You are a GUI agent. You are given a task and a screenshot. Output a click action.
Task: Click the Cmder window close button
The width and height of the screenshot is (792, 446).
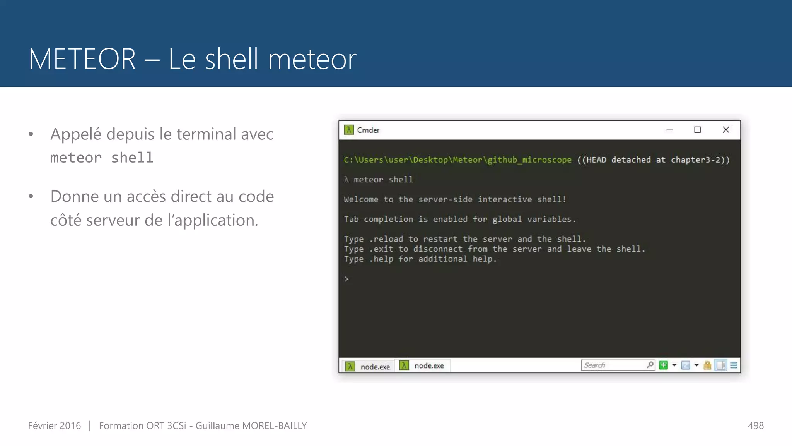click(x=726, y=130)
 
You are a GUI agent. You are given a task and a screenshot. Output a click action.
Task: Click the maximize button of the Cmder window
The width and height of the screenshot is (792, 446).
click(x=697, y=130)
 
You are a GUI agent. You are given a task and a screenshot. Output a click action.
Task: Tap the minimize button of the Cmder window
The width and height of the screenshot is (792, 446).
click(x=669, y=130)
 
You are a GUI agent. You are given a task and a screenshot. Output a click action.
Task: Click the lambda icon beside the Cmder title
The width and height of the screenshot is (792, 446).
click(x=349, y=130)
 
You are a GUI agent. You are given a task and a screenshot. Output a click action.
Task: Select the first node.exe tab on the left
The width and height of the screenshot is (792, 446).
click(x=368, y=366)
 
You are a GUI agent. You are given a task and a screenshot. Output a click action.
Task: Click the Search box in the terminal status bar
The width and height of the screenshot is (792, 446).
click(x=613, y=365)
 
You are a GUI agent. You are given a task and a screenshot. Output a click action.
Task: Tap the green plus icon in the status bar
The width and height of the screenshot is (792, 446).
click(x=663, y=365)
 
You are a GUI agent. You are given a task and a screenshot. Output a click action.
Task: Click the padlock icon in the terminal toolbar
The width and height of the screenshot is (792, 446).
click(x=707, y=365)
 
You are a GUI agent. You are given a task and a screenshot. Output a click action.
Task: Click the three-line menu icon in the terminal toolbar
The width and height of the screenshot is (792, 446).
click(x=734, y=365)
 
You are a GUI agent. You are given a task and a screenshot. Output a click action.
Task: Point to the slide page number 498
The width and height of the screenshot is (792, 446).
click(x=756, y=425)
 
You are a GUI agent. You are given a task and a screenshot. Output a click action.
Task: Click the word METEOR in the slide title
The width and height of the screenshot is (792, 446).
click(x=82, y=59)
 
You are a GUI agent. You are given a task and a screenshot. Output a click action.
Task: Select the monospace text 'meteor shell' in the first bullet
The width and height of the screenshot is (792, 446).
click(x=102, y=158)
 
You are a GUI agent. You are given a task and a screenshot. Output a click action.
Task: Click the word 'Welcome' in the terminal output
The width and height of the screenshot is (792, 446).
click(x=361, y=199)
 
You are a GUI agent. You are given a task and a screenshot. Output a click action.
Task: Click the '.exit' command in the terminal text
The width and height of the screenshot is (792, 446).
click(x=381, y=249)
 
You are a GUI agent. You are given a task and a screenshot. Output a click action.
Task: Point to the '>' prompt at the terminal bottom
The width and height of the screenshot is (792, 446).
click(x=346, y=279)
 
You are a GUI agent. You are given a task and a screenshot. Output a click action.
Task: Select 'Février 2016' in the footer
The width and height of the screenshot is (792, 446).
click(x=55, y=425)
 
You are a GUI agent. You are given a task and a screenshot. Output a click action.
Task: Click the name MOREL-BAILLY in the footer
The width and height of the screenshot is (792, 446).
click(x=274, y=425)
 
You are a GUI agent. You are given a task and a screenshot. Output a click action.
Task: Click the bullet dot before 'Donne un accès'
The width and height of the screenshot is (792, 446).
click(x=31, y=196)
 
